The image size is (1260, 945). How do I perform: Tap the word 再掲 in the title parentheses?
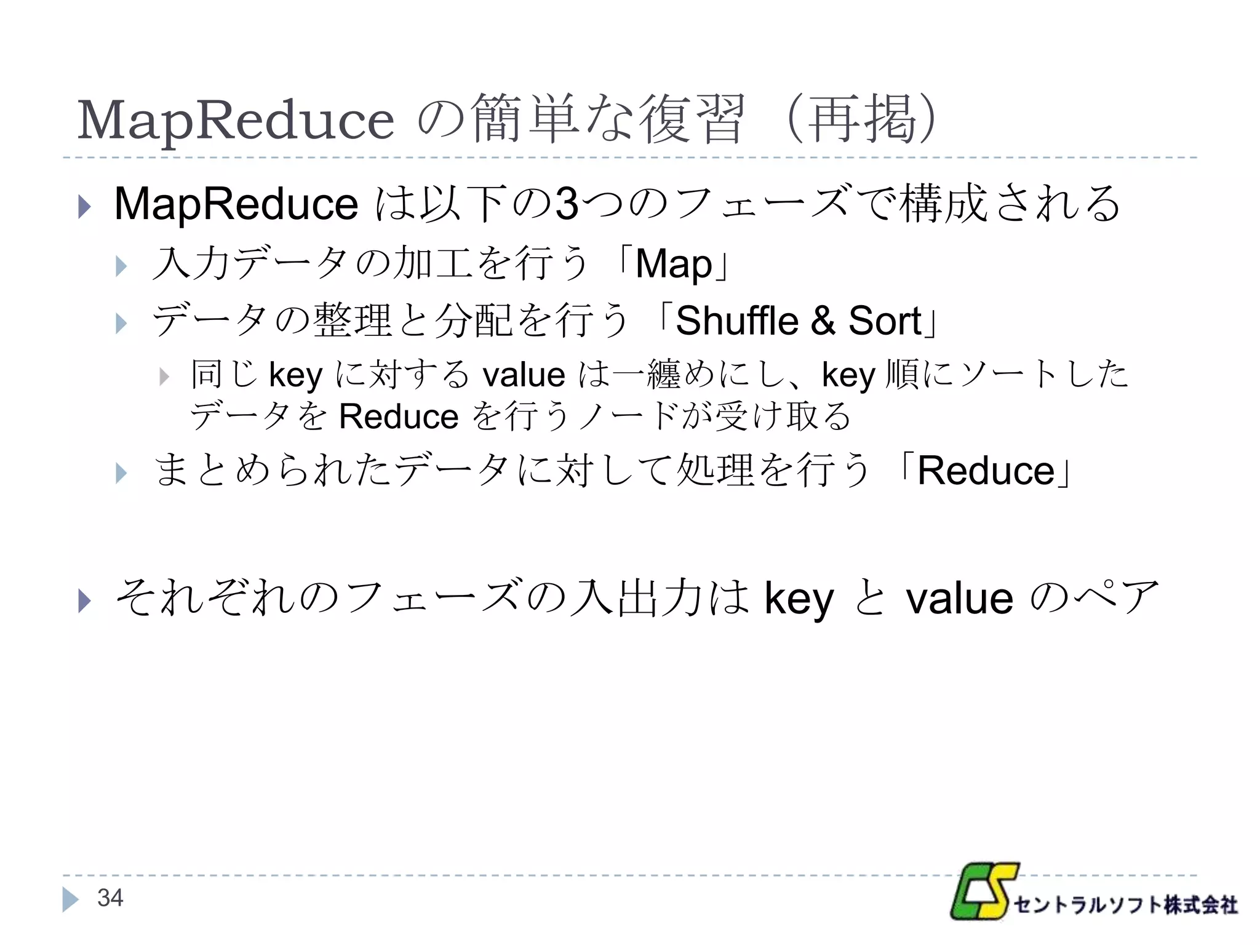coord(861,119)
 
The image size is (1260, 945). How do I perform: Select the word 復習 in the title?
coord(692,119)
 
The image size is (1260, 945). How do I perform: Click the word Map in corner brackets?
coord(674,264)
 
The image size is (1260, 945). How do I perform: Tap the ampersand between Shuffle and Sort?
coord(823,321)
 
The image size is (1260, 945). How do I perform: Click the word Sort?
coord(885,321)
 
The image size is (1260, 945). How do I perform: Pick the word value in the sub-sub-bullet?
coord(524,375)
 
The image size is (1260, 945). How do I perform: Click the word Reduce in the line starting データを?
coord(399,417)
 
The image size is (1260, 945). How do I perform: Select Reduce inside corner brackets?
coord(986,471)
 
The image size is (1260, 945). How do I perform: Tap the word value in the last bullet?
coord(959,598)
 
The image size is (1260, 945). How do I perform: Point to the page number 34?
coord(110,898)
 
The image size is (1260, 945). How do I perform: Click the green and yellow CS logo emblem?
coord(983,891)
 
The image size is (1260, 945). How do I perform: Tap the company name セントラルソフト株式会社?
coord(1125,904)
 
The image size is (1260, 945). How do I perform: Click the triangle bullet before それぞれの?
coord(85,600)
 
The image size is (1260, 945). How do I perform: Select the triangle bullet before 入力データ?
coord(121,266)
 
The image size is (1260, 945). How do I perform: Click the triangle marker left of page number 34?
coord(70,899)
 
